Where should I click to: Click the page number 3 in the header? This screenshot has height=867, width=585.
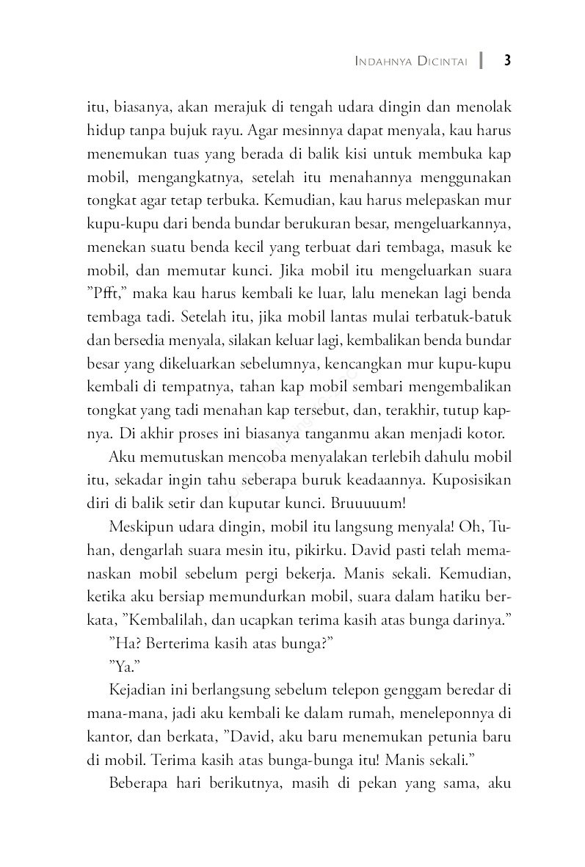pos(506,61)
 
